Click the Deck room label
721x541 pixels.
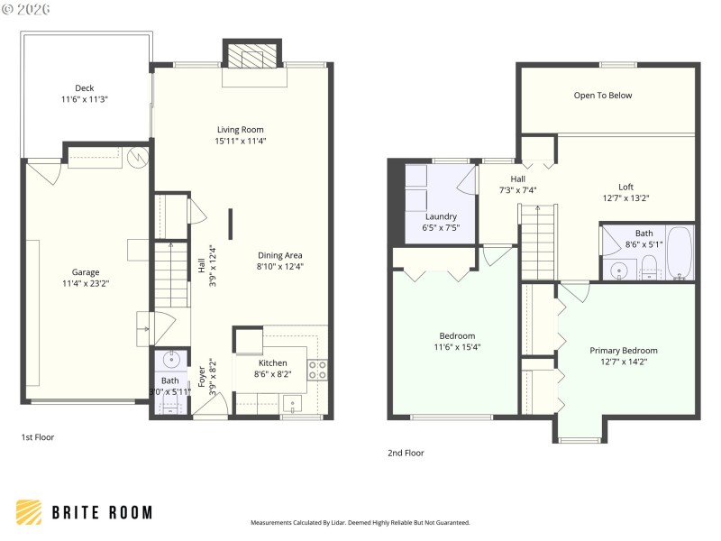point(84,88)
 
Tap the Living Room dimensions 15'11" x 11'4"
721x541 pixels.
point(240,141)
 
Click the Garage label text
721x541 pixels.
point(86,271)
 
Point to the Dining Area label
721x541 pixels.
point(280,254)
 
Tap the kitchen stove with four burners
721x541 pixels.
point(318,370)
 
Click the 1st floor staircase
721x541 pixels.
point(169,274)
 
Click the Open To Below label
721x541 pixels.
point(603,96)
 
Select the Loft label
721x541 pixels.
point(625,187)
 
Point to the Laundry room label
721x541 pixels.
point(441,216)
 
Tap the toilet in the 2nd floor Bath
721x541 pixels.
point(648,267)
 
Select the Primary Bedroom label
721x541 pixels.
point(623,350)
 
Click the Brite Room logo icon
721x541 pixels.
point(28,512)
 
